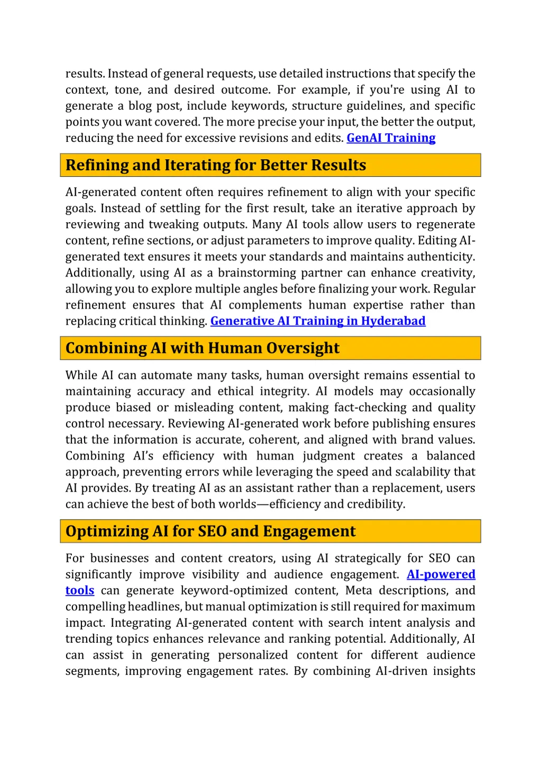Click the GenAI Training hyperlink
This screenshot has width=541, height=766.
[x=391, y=138]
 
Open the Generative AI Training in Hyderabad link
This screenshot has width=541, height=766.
[x=318, y=321]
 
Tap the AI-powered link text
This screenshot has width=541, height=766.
[x=441, y=574]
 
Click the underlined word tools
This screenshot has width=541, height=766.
[x=80, y=590]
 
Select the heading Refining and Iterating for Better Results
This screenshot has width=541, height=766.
[x=216, y=165]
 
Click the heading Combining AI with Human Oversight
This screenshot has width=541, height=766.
[x=202, y=348]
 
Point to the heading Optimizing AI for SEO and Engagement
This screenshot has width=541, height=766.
[x=210, y=531]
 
